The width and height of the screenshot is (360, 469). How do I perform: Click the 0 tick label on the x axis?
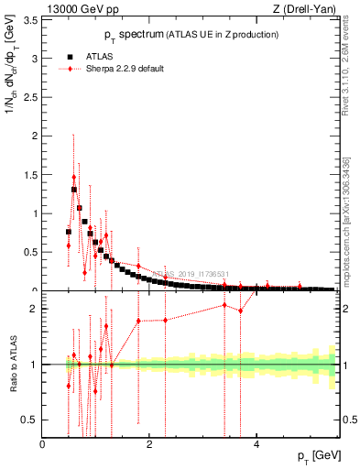pos(43,444)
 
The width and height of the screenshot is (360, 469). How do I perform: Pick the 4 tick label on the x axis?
pos(256,444)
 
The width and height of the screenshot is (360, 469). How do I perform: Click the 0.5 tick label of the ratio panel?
pos(30,420)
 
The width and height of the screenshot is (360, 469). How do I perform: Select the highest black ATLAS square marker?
pos(74,190)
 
